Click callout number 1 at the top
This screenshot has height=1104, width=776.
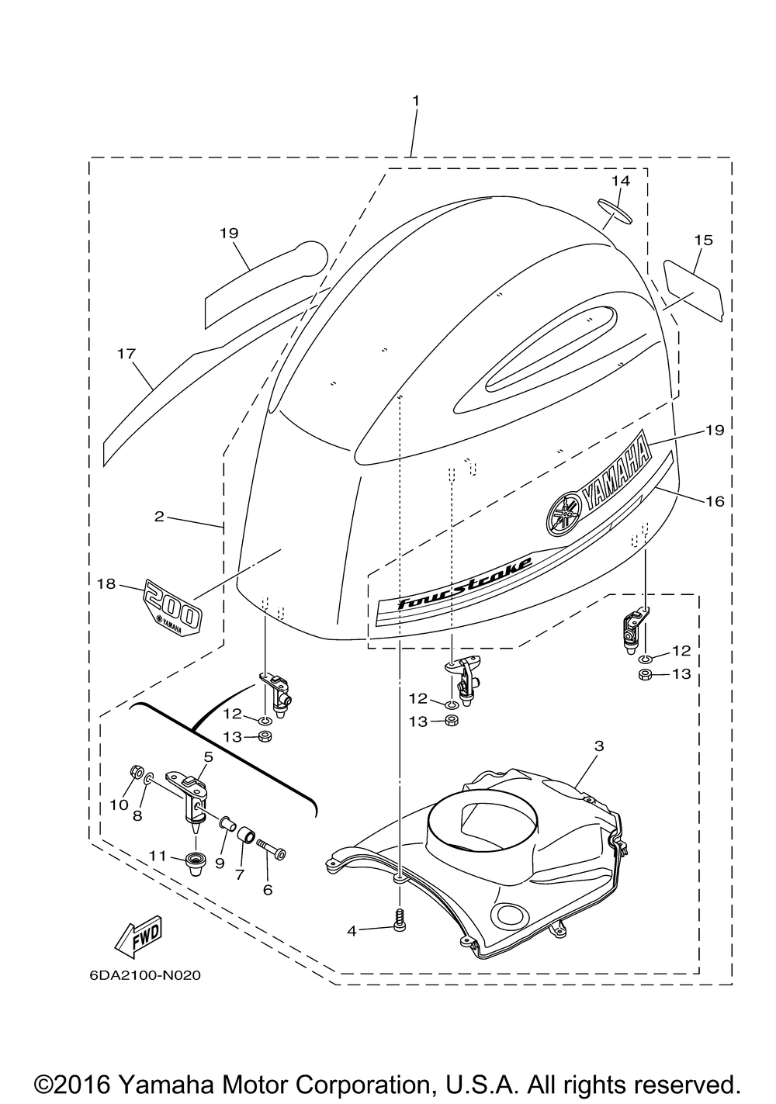(416, 100)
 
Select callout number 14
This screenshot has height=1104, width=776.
(620, 181)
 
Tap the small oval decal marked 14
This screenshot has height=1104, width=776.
(615, 210)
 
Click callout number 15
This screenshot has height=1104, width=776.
(703, 241)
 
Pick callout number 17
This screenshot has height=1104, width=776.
(126, 355)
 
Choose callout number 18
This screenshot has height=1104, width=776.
(106, 583)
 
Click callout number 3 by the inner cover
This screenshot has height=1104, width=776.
(598, 746)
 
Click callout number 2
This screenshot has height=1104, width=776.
(159, 516)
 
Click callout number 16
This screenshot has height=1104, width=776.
(714, 501)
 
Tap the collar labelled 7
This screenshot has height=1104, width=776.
(245, 837)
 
